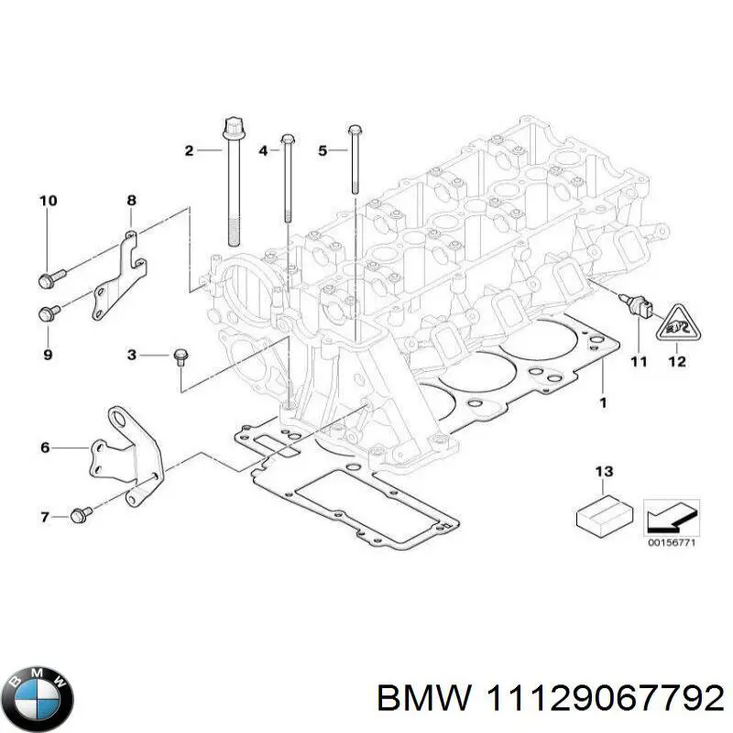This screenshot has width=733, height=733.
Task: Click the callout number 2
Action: tap(190, 150)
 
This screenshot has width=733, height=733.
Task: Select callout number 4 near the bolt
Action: tap(263, 150)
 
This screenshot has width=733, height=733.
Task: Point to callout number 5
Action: tap(322, 150)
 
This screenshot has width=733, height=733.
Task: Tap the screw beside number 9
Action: tap(49, 312)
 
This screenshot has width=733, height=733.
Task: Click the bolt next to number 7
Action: tap(79, 518)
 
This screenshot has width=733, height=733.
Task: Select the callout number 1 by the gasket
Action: tap(603, 402)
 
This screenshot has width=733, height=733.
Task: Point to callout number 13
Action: tap(602, 472)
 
